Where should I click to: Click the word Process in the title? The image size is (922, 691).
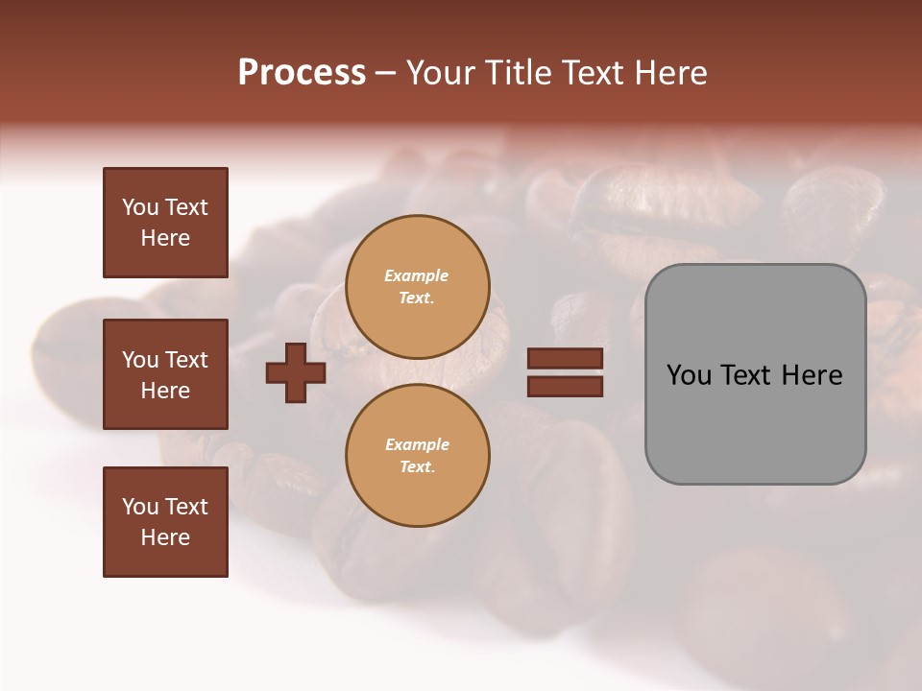click(x=302, y=73)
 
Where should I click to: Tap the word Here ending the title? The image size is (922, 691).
click(x=669, y=73)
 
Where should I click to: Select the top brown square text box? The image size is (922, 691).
click(x=165, y=223)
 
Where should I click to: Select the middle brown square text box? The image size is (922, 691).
click(x=165, y=374)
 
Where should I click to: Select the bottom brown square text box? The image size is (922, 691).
click(x=165, y=522)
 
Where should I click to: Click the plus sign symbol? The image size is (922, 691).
click(x=296, y=372)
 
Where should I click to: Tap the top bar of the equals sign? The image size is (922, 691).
click(x=566, y=358)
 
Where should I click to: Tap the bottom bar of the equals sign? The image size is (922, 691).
click(x=566, y=386)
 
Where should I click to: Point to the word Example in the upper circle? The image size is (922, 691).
click(x=417, y=275)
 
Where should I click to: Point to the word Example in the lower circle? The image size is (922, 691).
click(x=417, y=444)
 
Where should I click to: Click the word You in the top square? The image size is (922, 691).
click(x=139, y=207)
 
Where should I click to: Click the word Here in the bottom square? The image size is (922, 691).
click(x=165, y=537)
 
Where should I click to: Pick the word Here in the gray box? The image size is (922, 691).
click(x=812, y=375)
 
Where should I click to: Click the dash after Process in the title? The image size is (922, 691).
click(x=385, y=73)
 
